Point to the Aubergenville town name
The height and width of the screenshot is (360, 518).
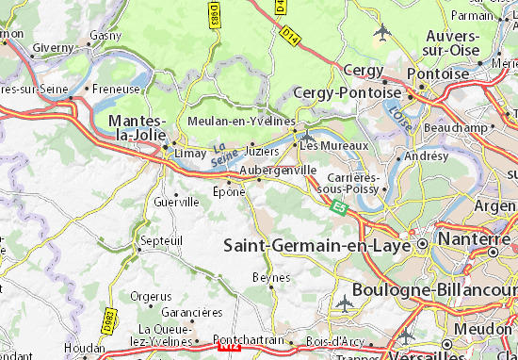coord(279,171)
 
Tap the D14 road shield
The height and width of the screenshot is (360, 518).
coord(290,35)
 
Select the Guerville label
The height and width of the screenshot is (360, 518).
coord(176,202)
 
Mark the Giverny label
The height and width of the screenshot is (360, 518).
coord(53,47)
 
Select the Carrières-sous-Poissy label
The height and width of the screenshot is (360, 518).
coord(354,183)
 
